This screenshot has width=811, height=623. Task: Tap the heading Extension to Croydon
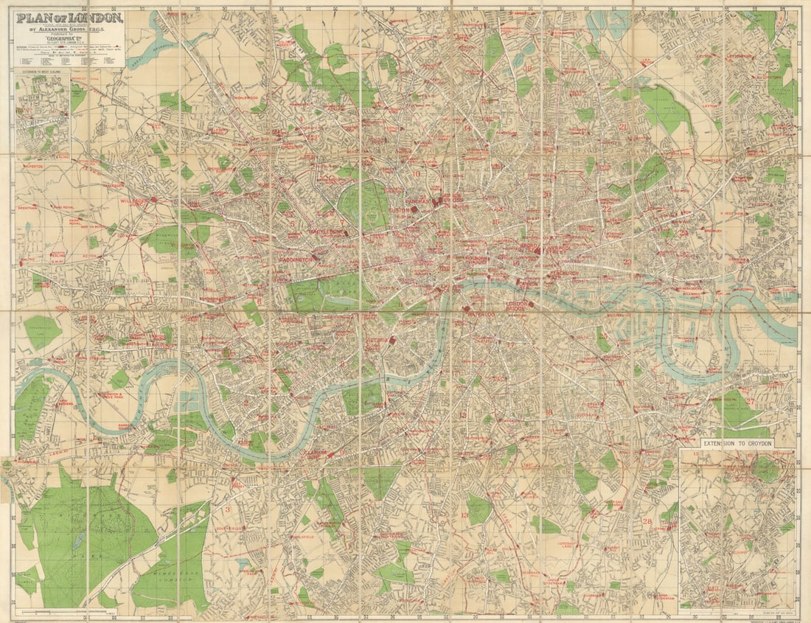point(737,444)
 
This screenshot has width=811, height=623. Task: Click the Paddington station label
point(298,260)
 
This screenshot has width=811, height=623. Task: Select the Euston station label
point(400,210)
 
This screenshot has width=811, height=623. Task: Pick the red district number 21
point(623,126)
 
